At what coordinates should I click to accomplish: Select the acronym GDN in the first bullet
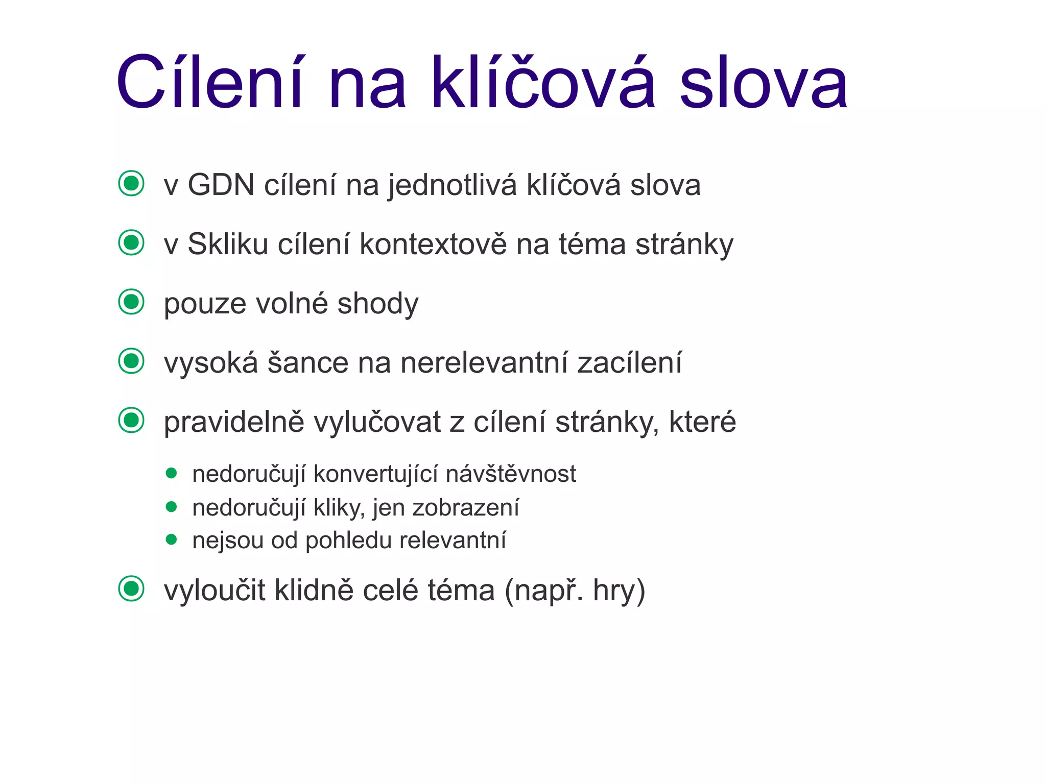(x=221, y=185)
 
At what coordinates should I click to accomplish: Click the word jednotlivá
(x=453, y=186)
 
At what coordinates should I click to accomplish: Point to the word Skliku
(x=228, y=244)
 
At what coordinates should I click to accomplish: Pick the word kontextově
(x=433, y=244)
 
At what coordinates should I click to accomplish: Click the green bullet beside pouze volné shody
(x=131, y=302)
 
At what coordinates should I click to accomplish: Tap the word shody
(x=378, y=303)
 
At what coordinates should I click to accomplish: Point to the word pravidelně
(x=234, y=423)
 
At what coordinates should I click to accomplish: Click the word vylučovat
(x=377, y=423)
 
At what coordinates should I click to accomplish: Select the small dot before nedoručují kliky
(x=172, y=507)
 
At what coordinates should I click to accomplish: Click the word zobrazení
(x=466, y=508)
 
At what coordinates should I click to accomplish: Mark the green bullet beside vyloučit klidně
(x=131, y=589)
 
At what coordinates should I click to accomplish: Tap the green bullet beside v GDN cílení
(x=131, y=183)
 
